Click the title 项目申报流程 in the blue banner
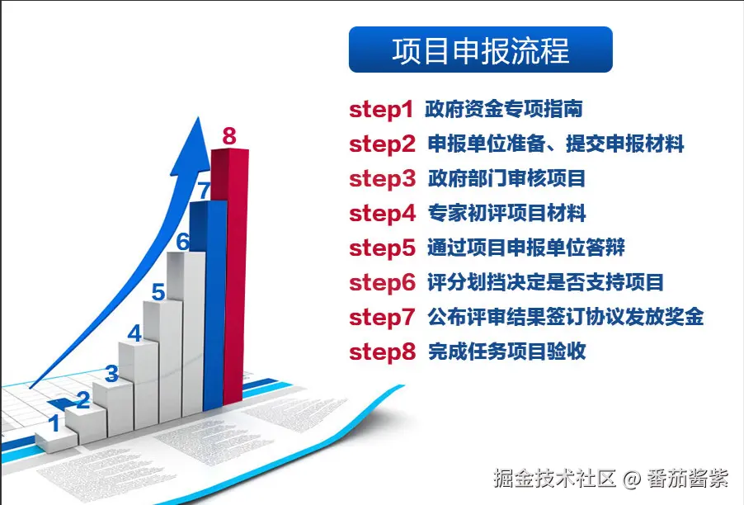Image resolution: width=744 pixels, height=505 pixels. point(480,50)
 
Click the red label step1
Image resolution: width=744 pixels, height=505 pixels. point(382,110)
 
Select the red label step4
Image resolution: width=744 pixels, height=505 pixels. point(383,214)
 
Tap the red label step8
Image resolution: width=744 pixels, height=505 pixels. point(383,352)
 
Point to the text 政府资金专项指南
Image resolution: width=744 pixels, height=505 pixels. point(503,109)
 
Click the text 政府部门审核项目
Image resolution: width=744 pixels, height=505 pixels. point(506,178)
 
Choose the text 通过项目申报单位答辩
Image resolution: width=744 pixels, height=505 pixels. point(526,248)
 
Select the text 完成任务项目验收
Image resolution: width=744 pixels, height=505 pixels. point(506,352)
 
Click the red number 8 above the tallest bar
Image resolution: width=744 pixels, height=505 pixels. point(229,136)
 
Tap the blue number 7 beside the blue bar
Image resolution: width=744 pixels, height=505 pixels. point(204,191)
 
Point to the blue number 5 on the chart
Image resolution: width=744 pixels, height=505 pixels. point(158,292)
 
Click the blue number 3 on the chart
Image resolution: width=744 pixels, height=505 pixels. point(111,374)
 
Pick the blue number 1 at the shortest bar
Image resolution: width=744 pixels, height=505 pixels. point(54,423)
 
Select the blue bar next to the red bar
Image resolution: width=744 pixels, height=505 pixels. point(209,304)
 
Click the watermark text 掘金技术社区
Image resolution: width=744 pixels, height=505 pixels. point(554,478)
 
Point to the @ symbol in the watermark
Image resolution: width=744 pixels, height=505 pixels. point(632,479)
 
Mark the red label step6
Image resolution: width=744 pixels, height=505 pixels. point(383,283)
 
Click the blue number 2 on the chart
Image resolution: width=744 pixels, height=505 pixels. point(83,400)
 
